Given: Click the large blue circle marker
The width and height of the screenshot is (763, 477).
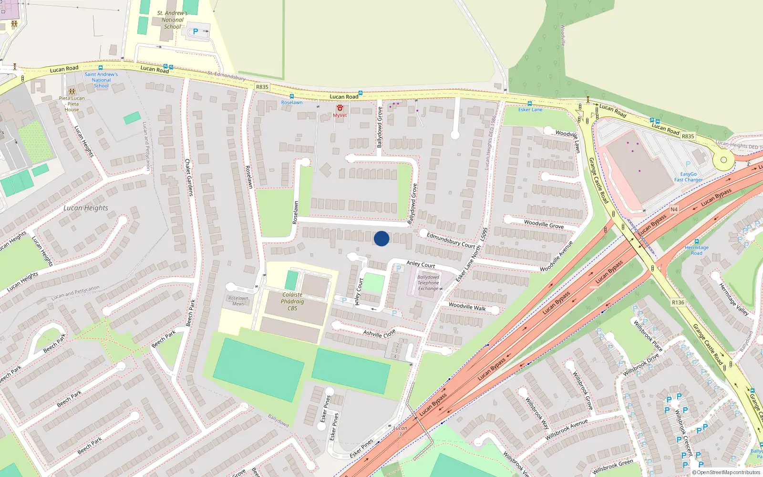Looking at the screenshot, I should tap(381, 238).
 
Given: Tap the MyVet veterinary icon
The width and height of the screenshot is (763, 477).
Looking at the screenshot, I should tap(340, 108).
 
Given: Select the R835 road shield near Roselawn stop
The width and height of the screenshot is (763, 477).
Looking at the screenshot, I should tap(262, 87).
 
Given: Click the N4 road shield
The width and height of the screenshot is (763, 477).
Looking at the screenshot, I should tap(674, 209).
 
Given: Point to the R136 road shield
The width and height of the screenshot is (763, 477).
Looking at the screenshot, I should tap(678, 302).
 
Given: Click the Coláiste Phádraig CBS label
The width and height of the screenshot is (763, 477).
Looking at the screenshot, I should tap(292, 301).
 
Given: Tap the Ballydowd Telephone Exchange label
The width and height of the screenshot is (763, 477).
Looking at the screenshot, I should tap(428, 283).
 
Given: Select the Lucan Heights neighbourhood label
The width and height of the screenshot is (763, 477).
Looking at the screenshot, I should tap(86, 208).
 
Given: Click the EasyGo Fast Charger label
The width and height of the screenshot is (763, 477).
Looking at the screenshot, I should tap(688, 177).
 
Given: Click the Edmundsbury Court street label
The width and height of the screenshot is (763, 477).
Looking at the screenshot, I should tap(451, 240).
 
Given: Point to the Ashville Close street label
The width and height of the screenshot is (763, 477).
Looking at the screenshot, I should tap(380, 333).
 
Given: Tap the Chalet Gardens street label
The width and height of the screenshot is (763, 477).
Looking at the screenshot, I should tap(188, 177).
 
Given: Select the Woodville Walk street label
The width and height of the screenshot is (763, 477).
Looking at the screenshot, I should tap(467, 307).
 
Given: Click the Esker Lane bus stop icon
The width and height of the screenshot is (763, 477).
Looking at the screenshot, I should tap(529, 104).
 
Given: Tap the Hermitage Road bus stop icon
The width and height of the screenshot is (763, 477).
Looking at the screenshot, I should tap(697, 242).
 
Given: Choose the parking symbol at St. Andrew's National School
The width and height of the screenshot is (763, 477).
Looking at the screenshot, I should tap(195, 32).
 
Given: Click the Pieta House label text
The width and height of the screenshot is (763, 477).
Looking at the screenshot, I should tap(72, 104).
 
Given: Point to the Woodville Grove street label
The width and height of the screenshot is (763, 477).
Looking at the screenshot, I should tap(544, 224).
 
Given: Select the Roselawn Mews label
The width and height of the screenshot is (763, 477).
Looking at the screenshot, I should tap(238, 301).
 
